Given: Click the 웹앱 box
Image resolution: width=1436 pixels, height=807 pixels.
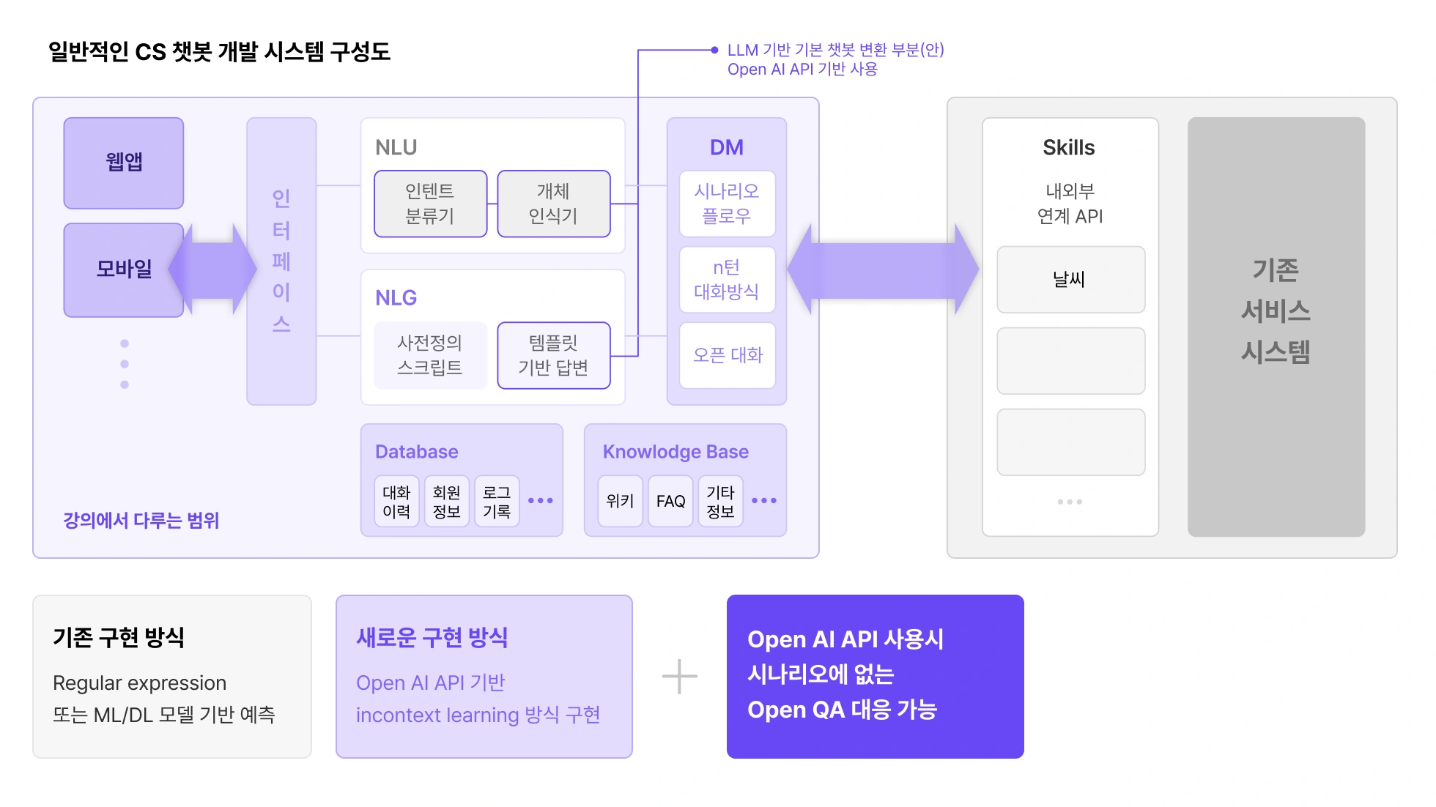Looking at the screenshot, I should [x=123, y=163].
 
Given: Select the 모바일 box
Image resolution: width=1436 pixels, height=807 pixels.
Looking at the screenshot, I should [x=123, y=269].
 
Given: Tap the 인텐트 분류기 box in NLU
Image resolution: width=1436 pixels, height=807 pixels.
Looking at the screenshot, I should [x=430, y=204].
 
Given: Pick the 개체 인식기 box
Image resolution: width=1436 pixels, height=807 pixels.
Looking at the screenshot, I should [x=553, y=204].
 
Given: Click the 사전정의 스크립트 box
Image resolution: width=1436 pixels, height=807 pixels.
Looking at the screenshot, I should [x=430, y=355].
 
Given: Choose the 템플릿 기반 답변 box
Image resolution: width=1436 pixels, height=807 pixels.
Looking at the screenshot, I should [x=553, y=355].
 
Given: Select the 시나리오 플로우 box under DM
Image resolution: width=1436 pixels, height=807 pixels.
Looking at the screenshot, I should [x=727, y=204].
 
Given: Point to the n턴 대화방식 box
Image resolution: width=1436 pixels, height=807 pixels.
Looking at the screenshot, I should [x=727, y=280].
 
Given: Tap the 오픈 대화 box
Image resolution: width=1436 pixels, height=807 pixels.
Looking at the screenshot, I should [x=727, y=355].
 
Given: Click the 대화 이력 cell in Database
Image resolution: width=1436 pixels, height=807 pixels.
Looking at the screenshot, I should [x=396, y=502].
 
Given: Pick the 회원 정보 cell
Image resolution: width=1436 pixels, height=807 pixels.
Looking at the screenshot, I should [x=446, y=502].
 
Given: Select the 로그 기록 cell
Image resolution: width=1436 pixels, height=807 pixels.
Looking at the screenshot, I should [x=497, y=502].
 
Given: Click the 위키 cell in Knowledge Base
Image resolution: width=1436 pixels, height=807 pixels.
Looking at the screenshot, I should [x=620, y=502].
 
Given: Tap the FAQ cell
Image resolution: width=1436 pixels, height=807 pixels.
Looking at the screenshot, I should [x=670, y=502].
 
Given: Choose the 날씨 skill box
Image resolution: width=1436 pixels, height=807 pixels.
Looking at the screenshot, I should [x=1070, y=280].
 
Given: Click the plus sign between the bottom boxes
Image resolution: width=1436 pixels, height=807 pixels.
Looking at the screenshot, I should [x=679, y=677].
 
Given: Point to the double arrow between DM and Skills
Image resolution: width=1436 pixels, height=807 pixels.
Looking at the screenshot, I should [x=883, y=269].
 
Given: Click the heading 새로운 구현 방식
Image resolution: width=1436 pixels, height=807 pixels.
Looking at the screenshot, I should [x=432, y=638].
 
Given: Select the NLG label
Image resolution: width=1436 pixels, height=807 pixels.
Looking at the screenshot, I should [x=396, y=298].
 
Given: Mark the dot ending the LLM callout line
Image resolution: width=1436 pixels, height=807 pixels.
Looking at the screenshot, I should [x=714, y=50].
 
